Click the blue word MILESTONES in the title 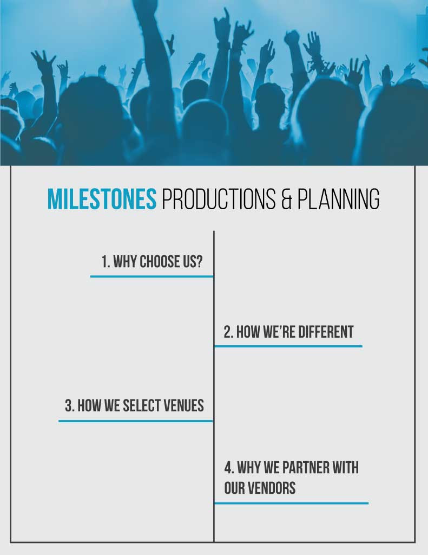[x=102, y=199]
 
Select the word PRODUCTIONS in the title [x=219, y=199]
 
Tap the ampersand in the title [x=286, y=199]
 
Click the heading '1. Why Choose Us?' [x=152, y=262]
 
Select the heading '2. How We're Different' [x=288, y=332]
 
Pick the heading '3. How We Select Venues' [x=134, y=405]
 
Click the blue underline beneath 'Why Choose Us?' [x=152, y=276]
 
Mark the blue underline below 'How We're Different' [x=288, y=346]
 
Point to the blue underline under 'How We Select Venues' [x=135, y=421]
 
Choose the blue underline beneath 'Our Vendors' [x=291, y=503]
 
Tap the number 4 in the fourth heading [x=228, y=467]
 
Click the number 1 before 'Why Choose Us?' [x=104, y=262]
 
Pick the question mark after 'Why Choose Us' [x=200, y=262]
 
